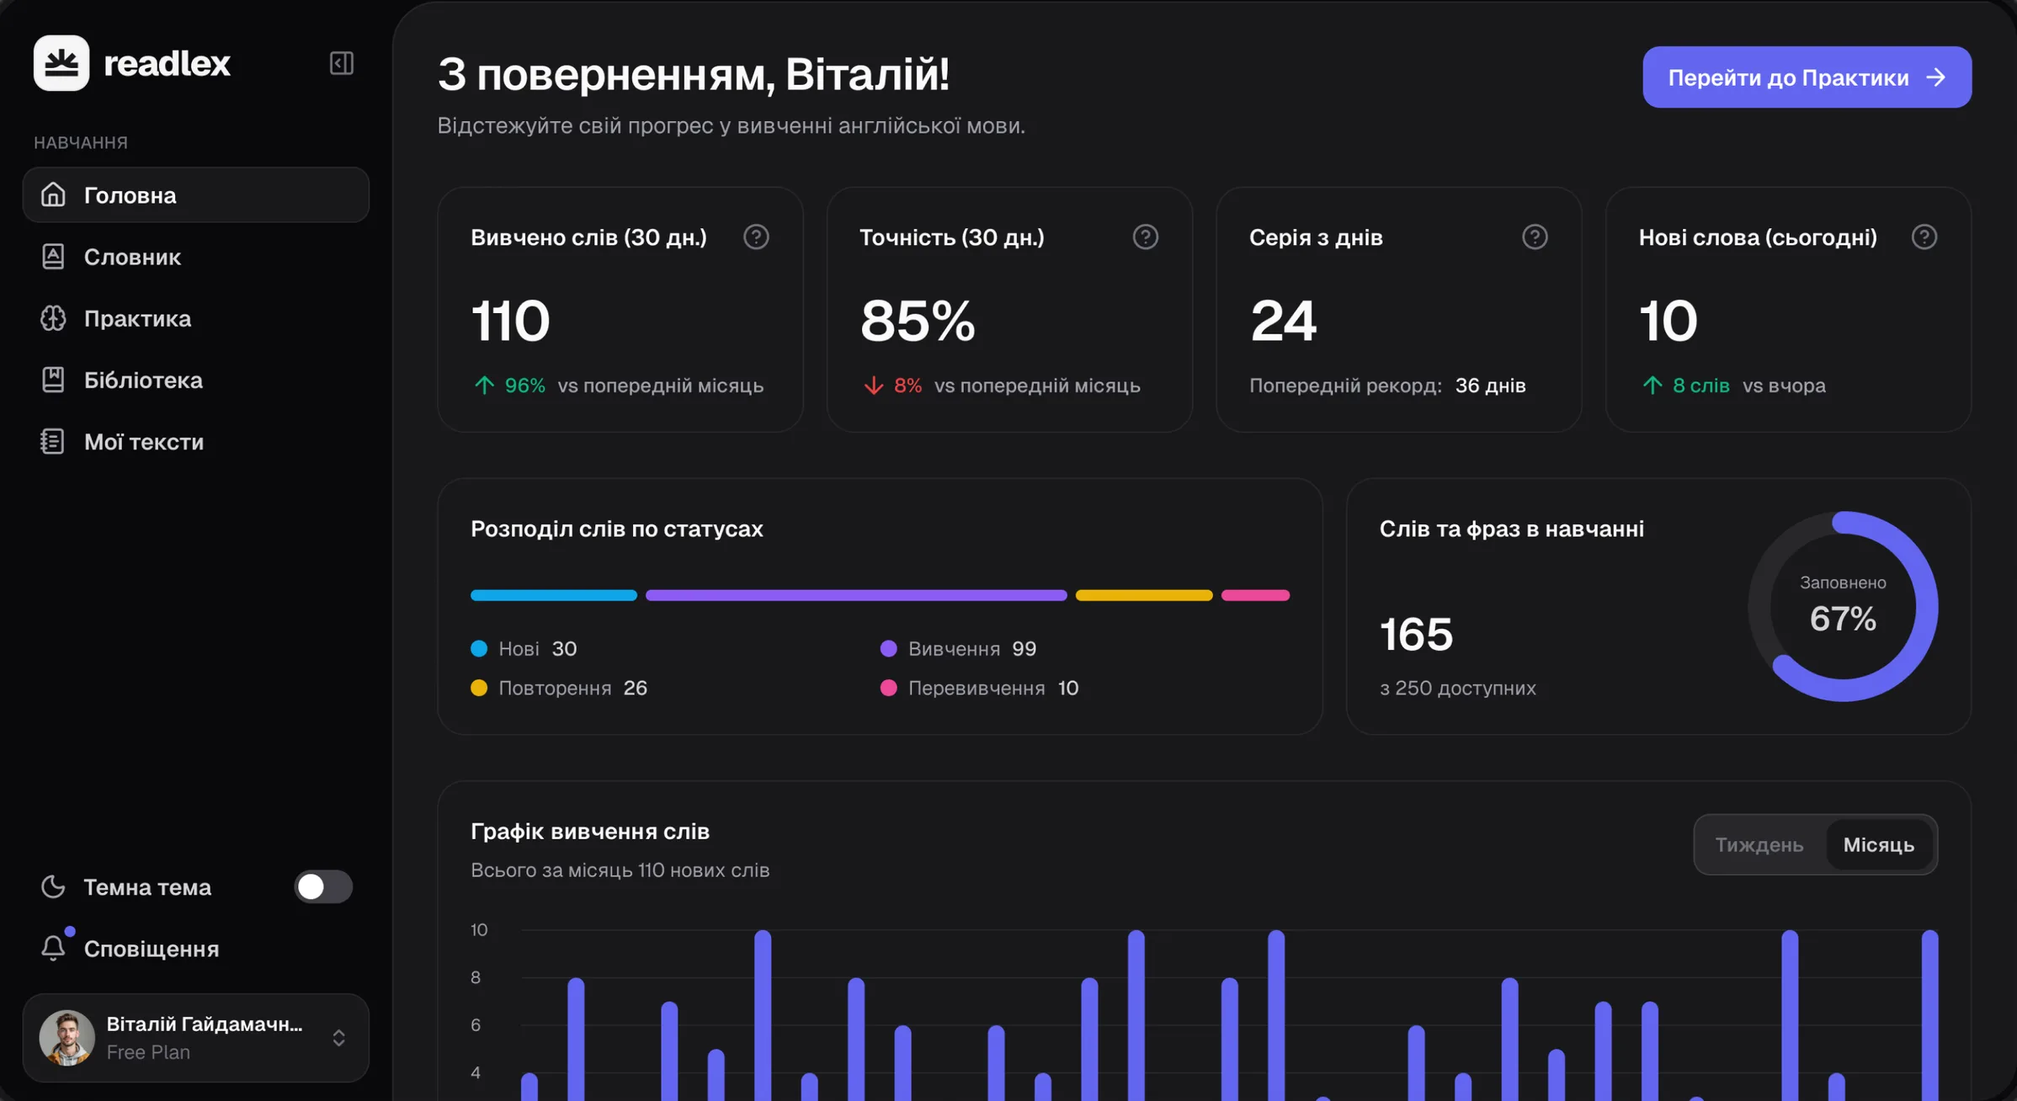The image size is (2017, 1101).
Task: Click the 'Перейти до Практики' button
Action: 1807,77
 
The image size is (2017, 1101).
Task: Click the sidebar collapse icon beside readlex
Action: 341,63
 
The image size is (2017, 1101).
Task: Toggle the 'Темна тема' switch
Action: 323,886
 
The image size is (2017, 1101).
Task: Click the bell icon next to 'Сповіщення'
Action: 53,948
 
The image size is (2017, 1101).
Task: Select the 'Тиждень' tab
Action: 1759,844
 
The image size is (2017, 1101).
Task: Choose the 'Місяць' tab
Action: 1879,844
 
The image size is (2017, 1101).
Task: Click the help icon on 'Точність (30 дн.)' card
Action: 1145,237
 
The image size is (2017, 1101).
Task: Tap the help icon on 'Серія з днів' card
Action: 1535,237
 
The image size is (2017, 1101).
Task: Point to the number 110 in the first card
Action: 510,321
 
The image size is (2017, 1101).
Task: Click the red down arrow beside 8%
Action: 873,386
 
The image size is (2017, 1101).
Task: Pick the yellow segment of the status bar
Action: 1144,595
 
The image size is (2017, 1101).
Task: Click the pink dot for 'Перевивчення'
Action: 888,688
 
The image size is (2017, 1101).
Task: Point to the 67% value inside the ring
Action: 1843,619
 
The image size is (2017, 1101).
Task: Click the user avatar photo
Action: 67,1037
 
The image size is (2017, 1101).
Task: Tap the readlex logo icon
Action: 61,63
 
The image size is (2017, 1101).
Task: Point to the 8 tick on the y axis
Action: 476,977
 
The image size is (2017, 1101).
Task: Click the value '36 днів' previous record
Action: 1490,386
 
